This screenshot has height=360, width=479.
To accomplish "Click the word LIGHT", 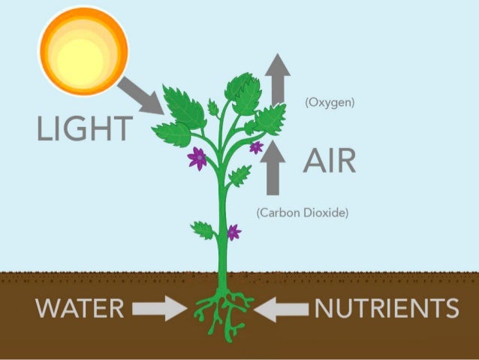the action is pos(84,129).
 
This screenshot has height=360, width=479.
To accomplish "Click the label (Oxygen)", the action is pos(330,102).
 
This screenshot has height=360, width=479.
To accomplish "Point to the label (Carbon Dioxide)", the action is pos(303,213).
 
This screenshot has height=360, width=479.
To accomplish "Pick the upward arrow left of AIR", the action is pos(275,167).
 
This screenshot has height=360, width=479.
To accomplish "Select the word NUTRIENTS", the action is pos(386,307).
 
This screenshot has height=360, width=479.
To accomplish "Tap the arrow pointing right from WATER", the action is pos(160,307).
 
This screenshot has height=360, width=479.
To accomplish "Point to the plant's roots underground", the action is pos(223,313).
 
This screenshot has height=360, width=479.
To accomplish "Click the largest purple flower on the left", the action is pos(198,158).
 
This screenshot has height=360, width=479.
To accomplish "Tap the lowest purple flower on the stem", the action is pos(233,232).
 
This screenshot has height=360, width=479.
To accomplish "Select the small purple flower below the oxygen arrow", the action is pos(256,147).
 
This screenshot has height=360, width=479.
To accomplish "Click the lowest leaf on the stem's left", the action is pos(203,229).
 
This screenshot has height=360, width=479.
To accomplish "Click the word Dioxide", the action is pos(327,213).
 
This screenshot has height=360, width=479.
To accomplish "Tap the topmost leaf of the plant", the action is pos(243,88).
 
